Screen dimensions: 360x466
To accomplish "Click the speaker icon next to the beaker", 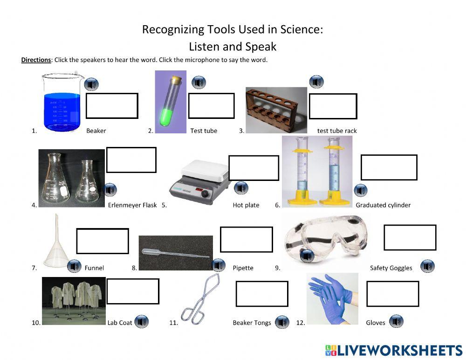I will click(x=91, y=84).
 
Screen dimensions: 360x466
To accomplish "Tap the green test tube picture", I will click(x=170, y=102).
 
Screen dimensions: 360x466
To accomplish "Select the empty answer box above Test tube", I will click(x=211, y=106).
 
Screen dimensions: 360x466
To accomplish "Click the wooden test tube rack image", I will click(x=276, y=110).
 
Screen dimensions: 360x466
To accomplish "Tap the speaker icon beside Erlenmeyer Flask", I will click(x=110, y=190).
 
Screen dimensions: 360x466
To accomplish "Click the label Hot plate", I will click(x=246, y=205).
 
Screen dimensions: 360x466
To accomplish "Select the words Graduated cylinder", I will click(x=383, y=205).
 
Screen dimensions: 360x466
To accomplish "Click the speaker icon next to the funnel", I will click(x=74, y=266).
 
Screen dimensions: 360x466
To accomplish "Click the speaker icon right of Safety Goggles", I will click(x=427, y=266).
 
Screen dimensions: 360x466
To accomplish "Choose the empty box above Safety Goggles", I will click(x=410, y=237).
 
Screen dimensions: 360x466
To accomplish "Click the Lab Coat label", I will click(x=120, y=322).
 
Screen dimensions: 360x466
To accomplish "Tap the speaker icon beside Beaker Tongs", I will click(x=281, y=322).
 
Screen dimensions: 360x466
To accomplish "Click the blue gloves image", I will click(x=332, y=298).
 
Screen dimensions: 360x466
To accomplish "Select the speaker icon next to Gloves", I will click(x=396, y=321).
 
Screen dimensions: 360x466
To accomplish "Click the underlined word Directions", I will click(x=36, y=60).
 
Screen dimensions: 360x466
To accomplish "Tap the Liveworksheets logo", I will click(x=393, y=350).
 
